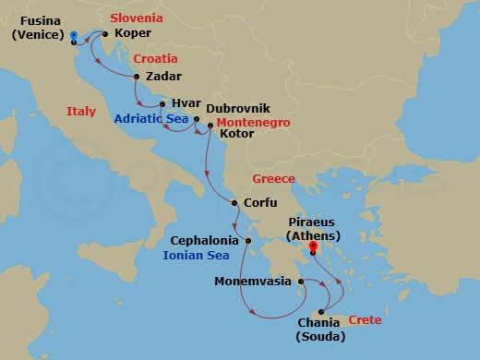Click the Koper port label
132,33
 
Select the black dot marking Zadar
137,77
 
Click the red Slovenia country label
137,18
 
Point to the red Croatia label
155,58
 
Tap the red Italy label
81,112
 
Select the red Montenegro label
253,121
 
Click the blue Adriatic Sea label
151,119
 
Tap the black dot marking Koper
105,35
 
